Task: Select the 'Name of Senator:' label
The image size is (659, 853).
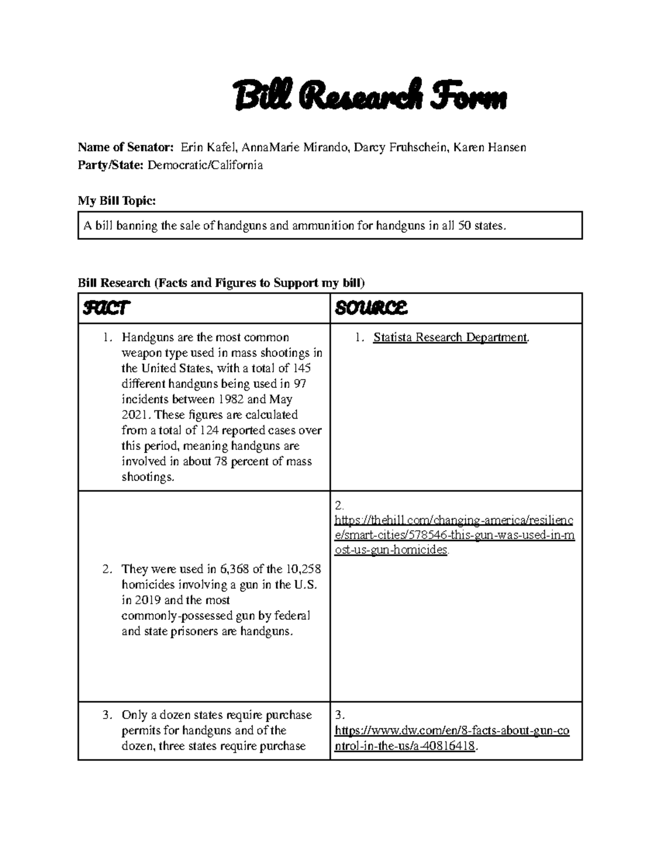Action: tap(126, 147)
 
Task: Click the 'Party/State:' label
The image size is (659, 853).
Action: tap(110, 165)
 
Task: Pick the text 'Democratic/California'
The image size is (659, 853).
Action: tap(205, 165)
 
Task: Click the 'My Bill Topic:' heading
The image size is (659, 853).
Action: tap(117, 201)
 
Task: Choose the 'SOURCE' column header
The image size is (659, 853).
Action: tap(371, 309)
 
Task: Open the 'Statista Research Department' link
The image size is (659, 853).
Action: tap(450, 338)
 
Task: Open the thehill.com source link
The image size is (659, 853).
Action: tap(454, 534)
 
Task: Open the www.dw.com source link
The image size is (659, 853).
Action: tap(451, 738)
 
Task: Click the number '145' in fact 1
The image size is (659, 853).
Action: tap(301, 369)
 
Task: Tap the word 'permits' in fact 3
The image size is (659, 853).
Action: tap(140, 731)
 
